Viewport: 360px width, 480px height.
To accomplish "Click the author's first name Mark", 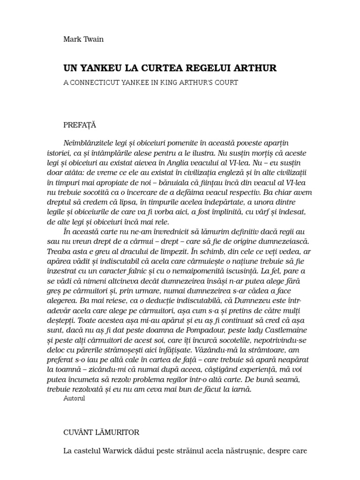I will [x=72, y=39].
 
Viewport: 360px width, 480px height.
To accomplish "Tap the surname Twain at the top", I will [x=93, y=39].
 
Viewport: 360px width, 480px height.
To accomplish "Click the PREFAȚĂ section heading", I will [x=80, y=125].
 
